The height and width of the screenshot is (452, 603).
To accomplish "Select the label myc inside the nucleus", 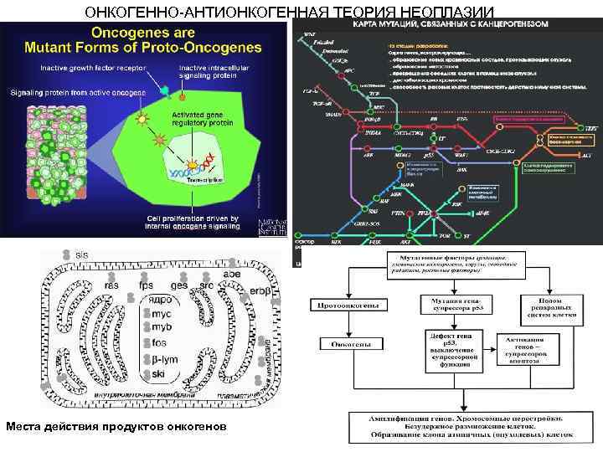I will point(162,314).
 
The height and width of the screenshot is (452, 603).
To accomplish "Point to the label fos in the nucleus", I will point(160,343).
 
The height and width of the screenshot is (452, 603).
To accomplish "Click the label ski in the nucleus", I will point(158,372).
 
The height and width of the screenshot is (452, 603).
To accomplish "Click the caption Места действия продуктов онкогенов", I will point(116,427).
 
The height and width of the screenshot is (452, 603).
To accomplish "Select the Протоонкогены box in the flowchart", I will point(350,306).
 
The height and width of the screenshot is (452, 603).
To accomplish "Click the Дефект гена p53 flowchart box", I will point(451,348).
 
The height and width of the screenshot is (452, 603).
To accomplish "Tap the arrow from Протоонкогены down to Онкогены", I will point(349,325).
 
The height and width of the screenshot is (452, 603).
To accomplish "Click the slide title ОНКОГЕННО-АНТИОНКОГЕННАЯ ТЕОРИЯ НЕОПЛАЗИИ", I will point(301,12).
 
